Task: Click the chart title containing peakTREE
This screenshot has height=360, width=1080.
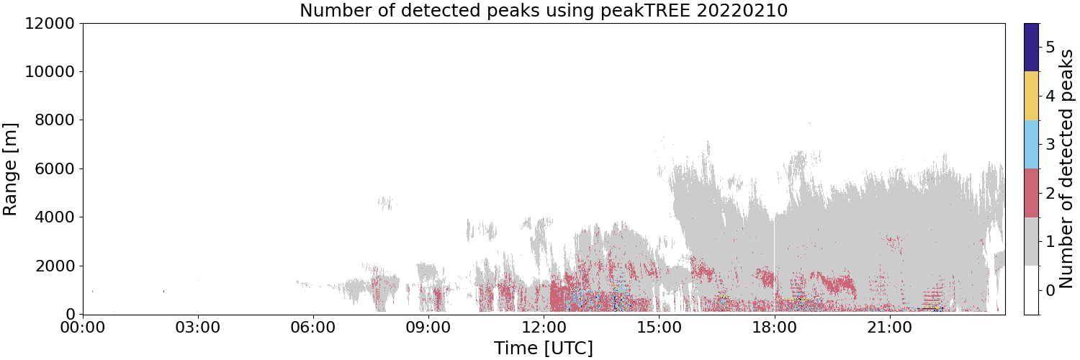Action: click(x=544, y=10)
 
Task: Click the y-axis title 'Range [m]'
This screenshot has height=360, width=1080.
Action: click(x=9, y=169)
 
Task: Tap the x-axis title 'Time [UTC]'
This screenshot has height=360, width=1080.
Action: click(x=544, y=348)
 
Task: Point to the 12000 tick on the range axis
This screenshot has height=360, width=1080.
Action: click(x=50, y=23)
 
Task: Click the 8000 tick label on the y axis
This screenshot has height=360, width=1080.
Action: click(x=55, y=120)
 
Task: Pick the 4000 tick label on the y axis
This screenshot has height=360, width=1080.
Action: click(x=55, y=217)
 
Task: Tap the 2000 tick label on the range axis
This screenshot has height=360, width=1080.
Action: click(x=55, y=266)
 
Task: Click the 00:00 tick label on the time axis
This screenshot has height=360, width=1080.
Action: click(x=83, y=328)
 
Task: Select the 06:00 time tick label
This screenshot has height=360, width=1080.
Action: click(x=313, y=328)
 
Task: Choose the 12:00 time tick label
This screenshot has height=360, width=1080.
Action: click(x=544, y=328)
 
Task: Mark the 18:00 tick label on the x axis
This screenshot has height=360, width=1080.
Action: click(x=774, y=328)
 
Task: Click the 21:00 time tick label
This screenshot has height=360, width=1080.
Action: click(x=889, y=328)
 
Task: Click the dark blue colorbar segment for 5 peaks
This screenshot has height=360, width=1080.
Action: click(x=1031, y=48)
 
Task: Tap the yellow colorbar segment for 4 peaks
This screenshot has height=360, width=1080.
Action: click(x=1031, y=96)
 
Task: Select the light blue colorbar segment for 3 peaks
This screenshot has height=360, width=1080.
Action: click(x=1031, y=145)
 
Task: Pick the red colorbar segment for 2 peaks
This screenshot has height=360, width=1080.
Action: click(x=1031, y=193)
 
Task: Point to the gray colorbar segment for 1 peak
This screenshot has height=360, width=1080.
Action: click(x=1031, y=241)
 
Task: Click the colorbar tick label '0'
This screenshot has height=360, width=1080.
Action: click(x=1050, y=290)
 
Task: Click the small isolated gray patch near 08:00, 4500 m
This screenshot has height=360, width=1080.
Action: click(x=387, y=203)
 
